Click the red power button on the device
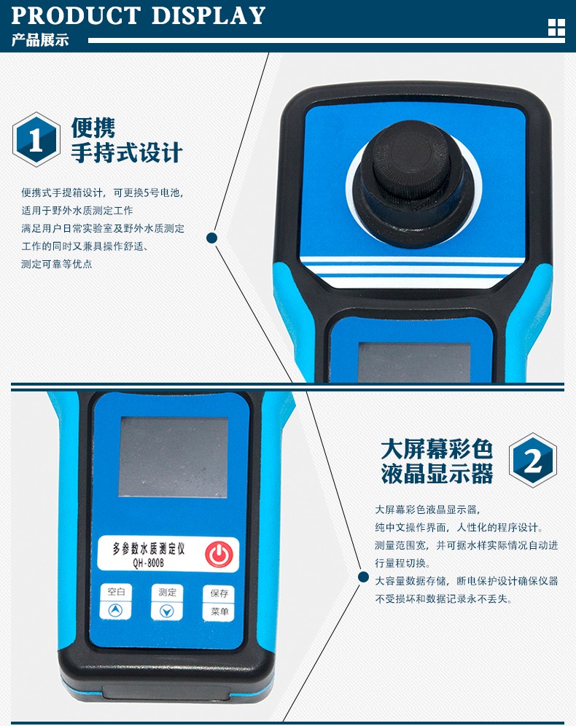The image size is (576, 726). tap(219, 554)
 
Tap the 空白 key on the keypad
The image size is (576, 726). tap(116, 592)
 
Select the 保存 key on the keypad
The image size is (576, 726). tap(219, 593)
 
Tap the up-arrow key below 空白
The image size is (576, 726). tap(116, 611)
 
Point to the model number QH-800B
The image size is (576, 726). tap(148, 563)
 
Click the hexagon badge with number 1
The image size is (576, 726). tap(36, 139)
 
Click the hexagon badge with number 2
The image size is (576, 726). tap(533, 460)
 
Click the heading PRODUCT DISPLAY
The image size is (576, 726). tap(138, 15)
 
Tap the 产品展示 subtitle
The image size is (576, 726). tap(40, 40)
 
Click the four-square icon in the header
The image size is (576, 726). tap(556, 27)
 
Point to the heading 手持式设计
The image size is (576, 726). tap(126, 153)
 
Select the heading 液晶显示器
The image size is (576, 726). tap(437, 474)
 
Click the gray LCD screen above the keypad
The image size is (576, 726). tap(174, 457)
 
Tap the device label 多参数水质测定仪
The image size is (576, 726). tap(149, 549)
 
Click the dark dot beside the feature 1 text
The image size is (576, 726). tap(211, 238)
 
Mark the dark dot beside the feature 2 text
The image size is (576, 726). tap(364, 577)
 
